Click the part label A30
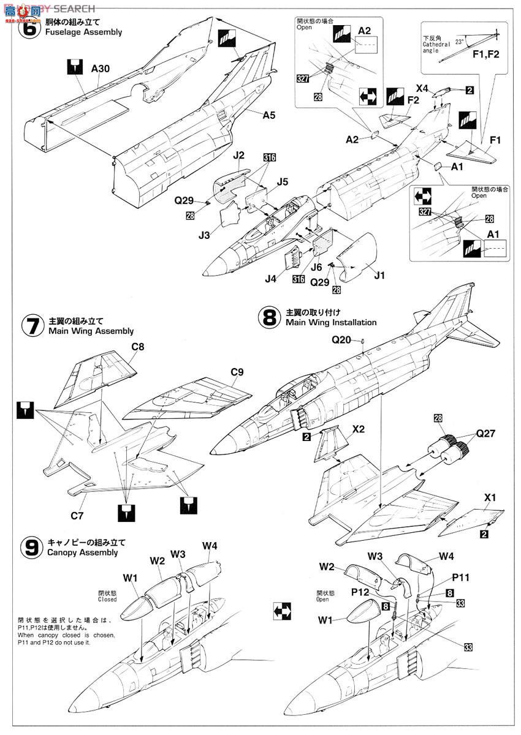[101, 69]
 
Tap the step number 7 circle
[32, 325]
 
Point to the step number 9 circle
[32, 547]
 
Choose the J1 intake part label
[379, 275]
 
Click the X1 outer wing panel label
[490, 497]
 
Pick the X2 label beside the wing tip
[359, 429]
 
